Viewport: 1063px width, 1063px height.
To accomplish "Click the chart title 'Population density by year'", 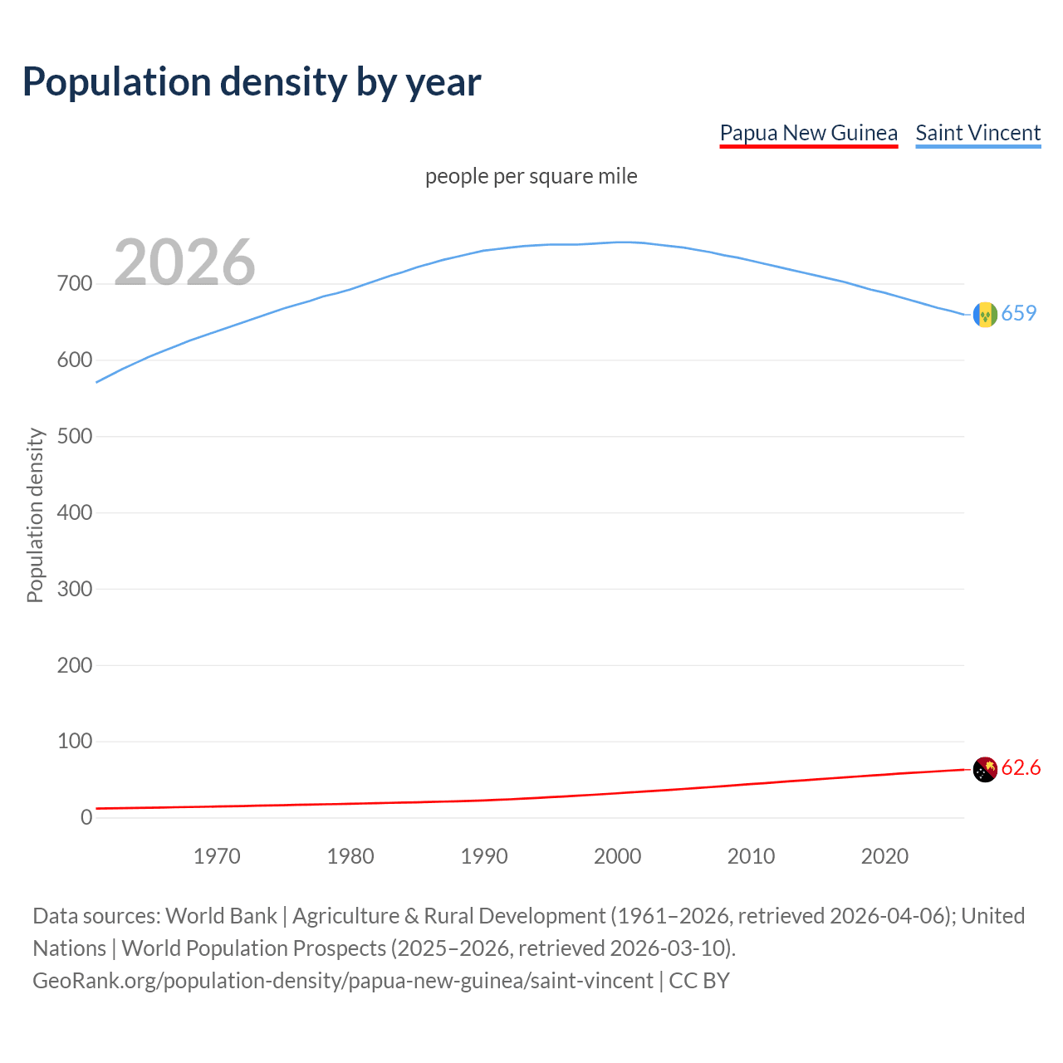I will [x=252, y=81].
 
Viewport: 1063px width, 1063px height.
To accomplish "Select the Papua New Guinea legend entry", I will [x=808, y=133].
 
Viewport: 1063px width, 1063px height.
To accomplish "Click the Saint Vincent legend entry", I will [x=977, y=133].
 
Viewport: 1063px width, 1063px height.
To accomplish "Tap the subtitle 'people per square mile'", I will [x=531, y=176].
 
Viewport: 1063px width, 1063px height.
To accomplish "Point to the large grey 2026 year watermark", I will [x=184, y=262].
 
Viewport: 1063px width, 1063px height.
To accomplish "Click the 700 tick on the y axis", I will [x=75, y=284].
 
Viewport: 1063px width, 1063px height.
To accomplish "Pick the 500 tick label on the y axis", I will [x=75, y=436].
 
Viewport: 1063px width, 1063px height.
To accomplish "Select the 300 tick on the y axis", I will [x=75, y=589].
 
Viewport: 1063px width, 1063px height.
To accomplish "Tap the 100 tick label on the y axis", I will [x=75, y=741].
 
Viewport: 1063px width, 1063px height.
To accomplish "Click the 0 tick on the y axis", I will [x=86, y=817].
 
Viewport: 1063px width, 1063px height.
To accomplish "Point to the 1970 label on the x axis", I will [x=217, y=856].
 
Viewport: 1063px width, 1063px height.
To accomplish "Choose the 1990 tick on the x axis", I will [x=484, y=856].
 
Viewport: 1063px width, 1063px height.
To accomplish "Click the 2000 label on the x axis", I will [x=618, y=856].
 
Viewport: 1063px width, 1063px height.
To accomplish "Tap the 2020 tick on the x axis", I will [x=884, y=856].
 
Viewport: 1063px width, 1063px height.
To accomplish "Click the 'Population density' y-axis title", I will [x=35, y=515].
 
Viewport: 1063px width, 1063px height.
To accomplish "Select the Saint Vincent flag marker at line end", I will [x=984, y=315].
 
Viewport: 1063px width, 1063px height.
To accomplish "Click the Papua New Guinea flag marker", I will [x=984, y=770].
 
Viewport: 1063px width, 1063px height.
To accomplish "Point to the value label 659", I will [x=1019, y=313].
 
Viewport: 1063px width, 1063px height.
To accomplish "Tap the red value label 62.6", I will [x=1021, y=768].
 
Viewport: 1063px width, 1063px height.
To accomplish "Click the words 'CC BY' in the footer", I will [x=699, y=981].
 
